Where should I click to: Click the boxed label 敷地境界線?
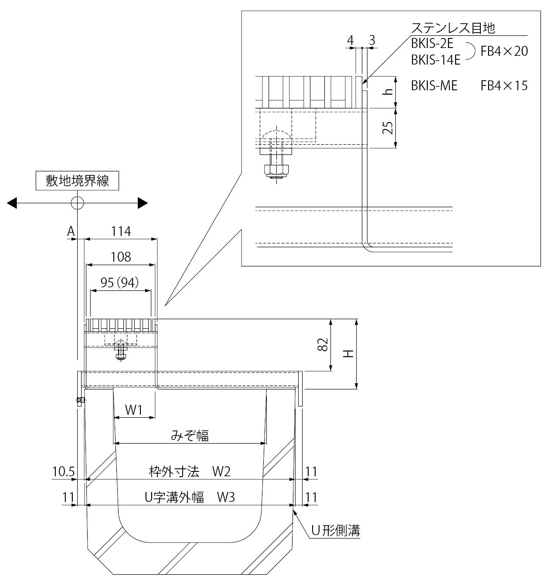(77, 181)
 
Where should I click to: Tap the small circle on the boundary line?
(77, 203)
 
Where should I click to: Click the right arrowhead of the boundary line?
(142, 203)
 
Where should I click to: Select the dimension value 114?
(121, 231)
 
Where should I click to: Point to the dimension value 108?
(121, 257)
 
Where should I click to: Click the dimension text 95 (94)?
(119, 283)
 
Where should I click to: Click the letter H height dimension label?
(347, 354)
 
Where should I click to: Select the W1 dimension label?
(134, 410)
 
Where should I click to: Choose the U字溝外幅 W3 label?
(190, 497)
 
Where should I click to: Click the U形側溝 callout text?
(335, 530)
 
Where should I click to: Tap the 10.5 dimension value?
(64, 471)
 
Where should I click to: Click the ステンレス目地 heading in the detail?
(453, 28)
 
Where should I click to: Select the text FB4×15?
(504, 85)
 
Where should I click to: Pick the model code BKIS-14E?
(435, 60)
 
